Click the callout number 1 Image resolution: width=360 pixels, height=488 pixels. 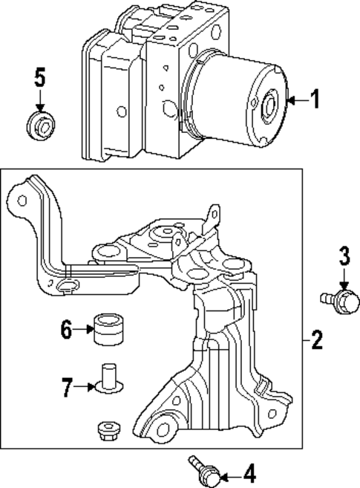point(315,100)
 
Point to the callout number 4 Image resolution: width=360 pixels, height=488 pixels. point(249,472)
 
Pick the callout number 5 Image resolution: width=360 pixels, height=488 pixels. point(40,76)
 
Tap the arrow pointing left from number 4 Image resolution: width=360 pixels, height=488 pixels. point(229,472)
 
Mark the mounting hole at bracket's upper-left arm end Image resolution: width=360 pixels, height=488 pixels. point(22,201)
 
